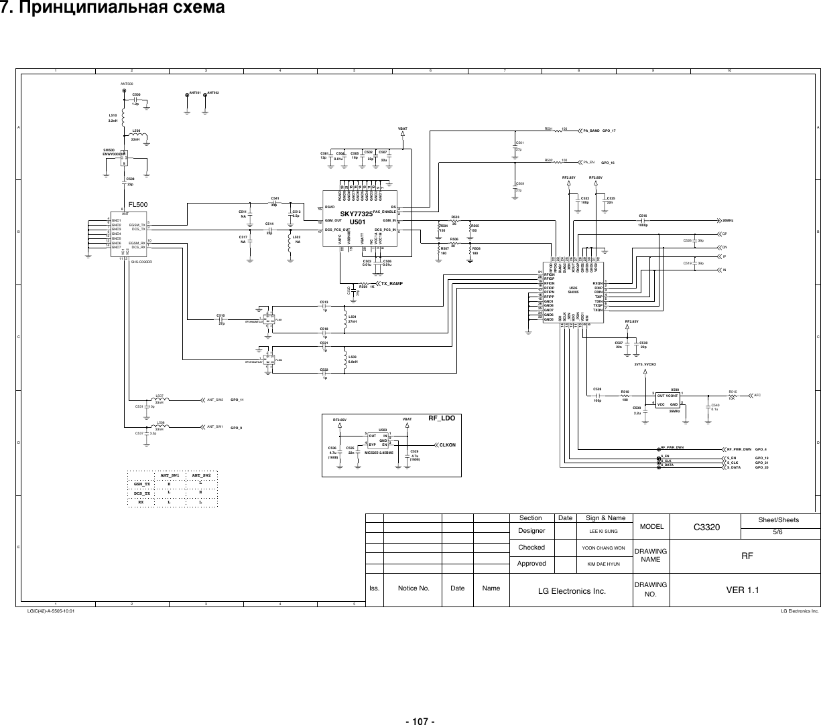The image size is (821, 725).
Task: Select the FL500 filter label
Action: coord(137,204)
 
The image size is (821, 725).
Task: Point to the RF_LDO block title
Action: coord(442,418)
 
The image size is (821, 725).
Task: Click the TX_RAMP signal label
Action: coord(395,283)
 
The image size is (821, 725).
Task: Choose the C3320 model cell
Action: coord(706,527)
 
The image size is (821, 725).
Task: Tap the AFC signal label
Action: coord(757,396)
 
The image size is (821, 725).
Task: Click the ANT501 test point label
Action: coord(195,92)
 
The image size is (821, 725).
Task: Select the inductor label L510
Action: coord(113,115)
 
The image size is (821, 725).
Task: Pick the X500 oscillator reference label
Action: coord(675,389)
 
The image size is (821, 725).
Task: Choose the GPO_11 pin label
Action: coord(237,400)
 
